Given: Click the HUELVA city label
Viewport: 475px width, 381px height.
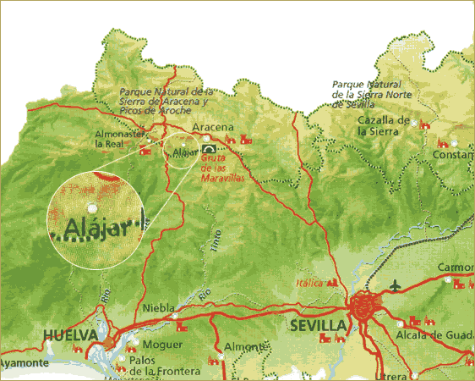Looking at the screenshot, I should pos(71,335).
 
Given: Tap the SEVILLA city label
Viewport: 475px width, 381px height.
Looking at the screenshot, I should pos(318,325).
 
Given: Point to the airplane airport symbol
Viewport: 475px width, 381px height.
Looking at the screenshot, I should pos(395,286).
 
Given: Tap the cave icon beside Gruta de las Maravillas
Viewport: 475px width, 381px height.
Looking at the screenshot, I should pos(208,151).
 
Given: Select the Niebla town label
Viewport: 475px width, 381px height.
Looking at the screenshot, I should pos(160,308).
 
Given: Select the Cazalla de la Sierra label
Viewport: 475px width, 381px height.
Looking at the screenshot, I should pos(384,125).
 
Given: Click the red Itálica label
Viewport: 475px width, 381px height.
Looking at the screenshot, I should pos(309,282).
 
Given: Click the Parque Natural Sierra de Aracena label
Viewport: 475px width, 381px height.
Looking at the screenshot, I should pos(162,101).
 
